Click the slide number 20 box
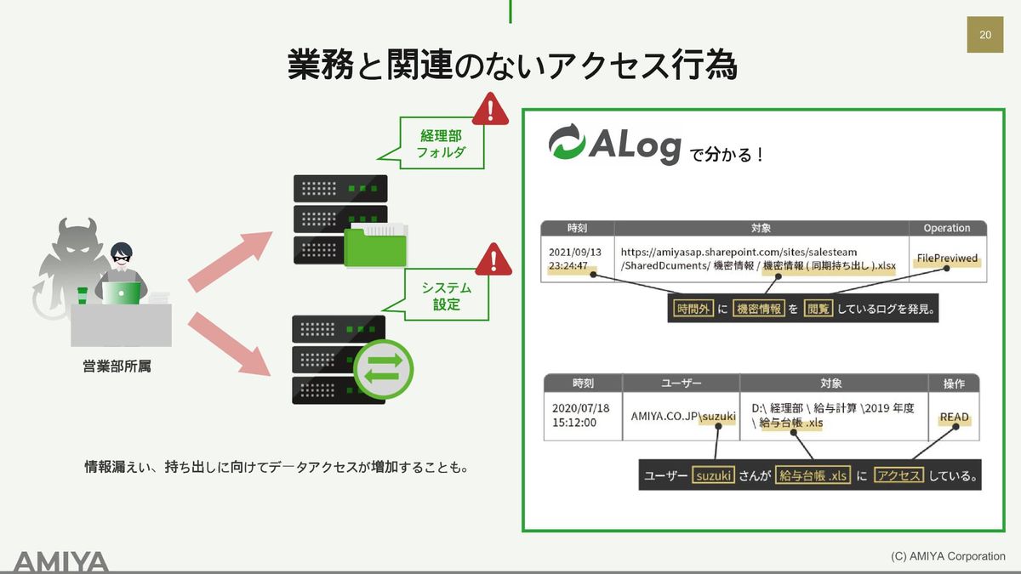tap(985, 35)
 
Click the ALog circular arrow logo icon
tap(567, 142)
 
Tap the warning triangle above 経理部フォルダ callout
tap(490, 110)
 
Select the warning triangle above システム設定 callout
tap(493, 260)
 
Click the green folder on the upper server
tap(375, 245)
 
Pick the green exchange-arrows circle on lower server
tap(384, 369)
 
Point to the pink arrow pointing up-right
tap(231, 262)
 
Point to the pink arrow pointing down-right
tap(229, 344)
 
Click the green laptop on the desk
tap(121, 293)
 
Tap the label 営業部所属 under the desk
tap(117, 367)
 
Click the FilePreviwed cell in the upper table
tap(947, 259)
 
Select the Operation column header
tap(947, 228)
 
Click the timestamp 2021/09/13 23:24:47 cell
tap(577, 259)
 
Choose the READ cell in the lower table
tap(954, 417)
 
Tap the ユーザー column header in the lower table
tap(681, 384)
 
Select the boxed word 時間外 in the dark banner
tap(693, 309)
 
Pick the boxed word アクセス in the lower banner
tap(898, 475)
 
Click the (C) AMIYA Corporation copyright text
tap(948, 556)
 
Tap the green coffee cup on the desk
tap(82, 295)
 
